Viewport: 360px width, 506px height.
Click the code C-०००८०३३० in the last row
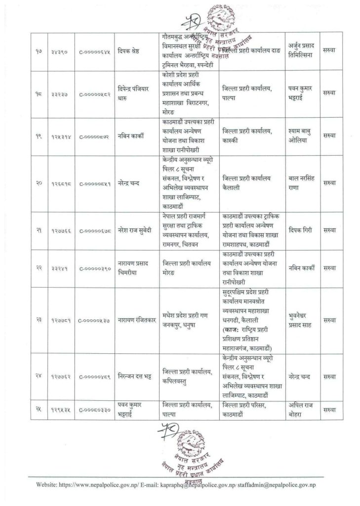(91, 411)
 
